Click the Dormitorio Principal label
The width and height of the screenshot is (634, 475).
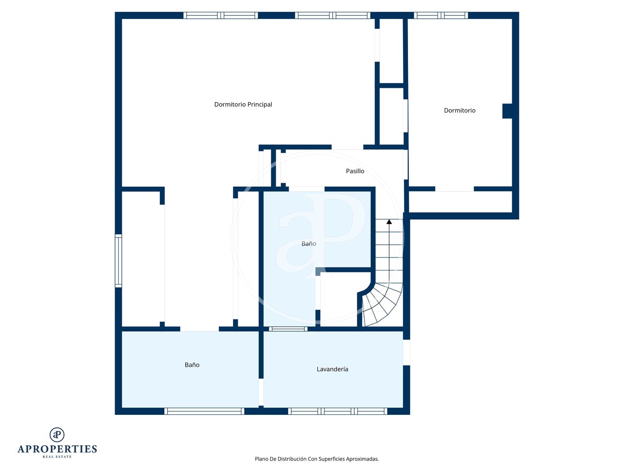pyautogui.click(x=243, y=104)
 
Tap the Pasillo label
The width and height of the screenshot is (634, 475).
pyautogui.click(x=355, y=171)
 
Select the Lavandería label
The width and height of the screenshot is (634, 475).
pyautogui.click(x=332, y=369)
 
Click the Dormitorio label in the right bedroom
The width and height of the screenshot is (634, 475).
pyautogui.click(x=460, y=110)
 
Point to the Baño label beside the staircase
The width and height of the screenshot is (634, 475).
pyautogui.click(x=308, y=244)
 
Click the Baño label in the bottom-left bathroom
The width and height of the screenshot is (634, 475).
pyautogui.click(x=192, y=365)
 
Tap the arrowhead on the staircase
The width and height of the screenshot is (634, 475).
pyautogui.click(x=389, y=222)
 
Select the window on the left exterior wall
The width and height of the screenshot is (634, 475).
pyautogui.click(x=118, y=261)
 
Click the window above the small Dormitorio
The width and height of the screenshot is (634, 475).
pyautogui.click(x=441, y=15)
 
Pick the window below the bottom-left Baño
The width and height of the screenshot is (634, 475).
pyautogui.click(x=204, y=411)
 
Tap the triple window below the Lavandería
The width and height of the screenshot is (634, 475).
pyautogui.click(x=337, y=411)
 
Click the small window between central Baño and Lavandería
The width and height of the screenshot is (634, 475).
pyautogui.click(x=288, y=329)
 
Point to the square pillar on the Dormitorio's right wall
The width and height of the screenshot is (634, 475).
pyautogui.click(x=507, y=111)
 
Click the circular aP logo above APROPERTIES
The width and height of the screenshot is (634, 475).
pyautogui.click(x=57, y=435)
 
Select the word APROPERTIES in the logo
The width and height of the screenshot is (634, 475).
pyautogui.click(x=57, y=449)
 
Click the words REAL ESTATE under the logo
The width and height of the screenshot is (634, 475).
pyautogui.click(x=57, y=457)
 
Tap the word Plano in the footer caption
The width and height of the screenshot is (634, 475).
pyautogui.click(x=261, y=459)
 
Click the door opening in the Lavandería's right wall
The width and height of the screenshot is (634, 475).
pyautogui.click(x=406, y=352)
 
